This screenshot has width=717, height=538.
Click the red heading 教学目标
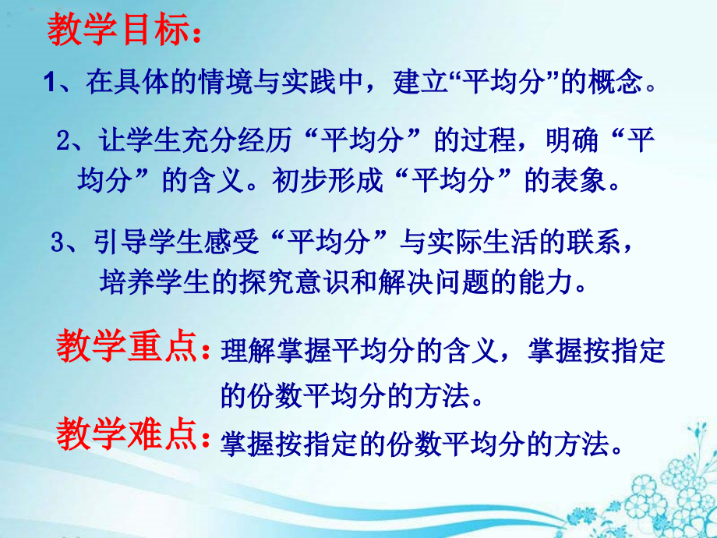coord(117,33)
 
